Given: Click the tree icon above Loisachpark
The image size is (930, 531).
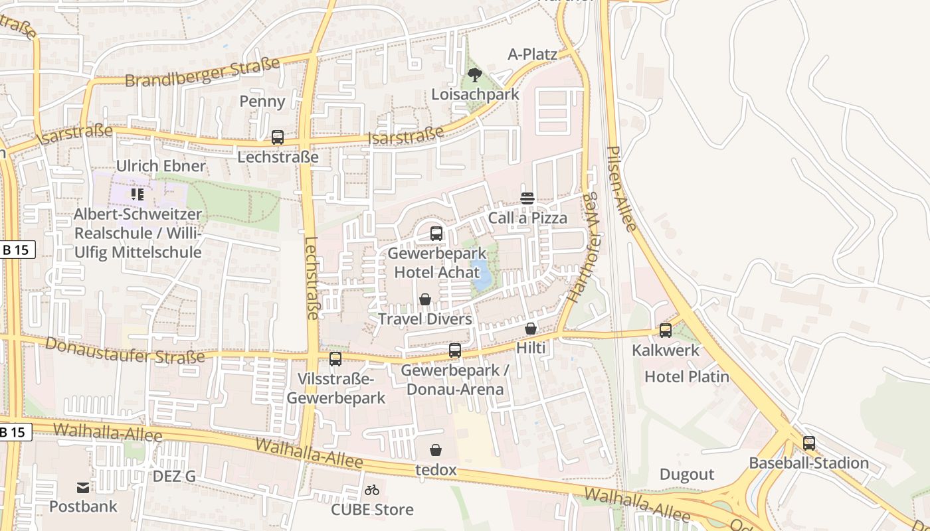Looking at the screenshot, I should [x=474, y=74].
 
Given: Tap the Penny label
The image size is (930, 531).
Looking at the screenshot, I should [x=262, y=102].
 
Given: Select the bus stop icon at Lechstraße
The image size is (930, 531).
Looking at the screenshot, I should [x=278, y=137].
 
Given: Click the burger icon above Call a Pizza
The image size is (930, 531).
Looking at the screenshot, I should [x=528, y=198].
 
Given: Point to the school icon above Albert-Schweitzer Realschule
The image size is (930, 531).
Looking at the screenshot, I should [x=138, y=194].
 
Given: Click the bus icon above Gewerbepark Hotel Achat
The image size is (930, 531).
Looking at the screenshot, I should [x=436, y=234].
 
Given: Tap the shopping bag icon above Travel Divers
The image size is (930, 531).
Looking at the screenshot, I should [x=425, y=300].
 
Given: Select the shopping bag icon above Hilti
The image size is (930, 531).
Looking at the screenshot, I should [x=531, y=329].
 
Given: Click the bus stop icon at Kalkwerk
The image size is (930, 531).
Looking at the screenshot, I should [x=666, y=331].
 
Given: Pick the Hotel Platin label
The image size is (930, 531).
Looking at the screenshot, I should [x=687, y=377].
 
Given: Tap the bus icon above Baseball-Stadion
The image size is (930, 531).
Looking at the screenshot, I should [x=809, y=443].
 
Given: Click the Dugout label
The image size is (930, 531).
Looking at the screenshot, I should [x=687, y=475].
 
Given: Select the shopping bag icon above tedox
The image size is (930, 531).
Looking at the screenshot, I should [x=436, y=451].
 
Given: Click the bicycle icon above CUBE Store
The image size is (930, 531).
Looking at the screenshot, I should [x=372, y=491].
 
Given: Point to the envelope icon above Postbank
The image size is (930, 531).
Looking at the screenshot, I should [x=83, y=488].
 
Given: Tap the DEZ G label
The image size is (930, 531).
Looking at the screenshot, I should [x=174, y=476].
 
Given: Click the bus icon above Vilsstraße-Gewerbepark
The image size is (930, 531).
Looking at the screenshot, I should [x=335, y=359].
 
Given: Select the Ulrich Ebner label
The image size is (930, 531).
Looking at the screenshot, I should [x=161, y=166].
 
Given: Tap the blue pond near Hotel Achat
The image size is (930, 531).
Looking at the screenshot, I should [x=482, y=277].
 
